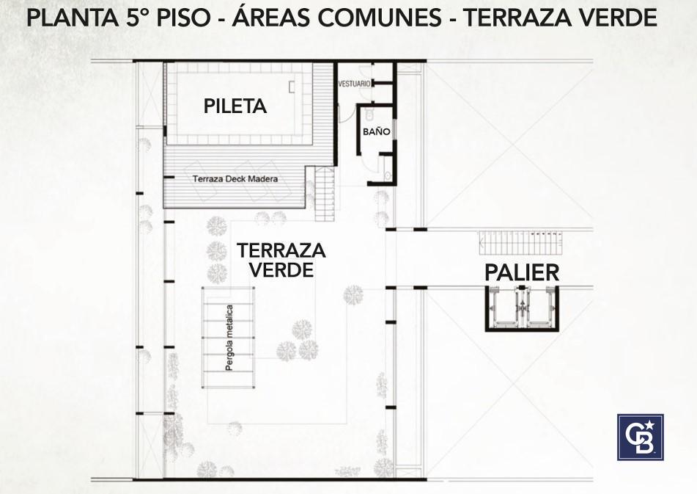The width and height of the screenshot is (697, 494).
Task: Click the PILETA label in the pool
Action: [x=235, y=106]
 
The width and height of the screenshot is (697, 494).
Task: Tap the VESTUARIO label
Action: [x=354, y=84]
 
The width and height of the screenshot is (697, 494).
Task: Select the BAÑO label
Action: [x=377, y=131]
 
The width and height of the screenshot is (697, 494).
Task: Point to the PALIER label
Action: [x=522, y=272]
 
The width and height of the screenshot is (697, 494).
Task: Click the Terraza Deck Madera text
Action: [x=235, y=179]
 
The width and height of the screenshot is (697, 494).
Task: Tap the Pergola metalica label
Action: [x=229, y=338]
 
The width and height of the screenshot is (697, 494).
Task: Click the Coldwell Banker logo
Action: [x=640, y=437]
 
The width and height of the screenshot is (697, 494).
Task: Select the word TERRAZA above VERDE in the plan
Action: [x=281, y=250]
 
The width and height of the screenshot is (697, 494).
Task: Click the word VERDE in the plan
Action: [x=281, y=269]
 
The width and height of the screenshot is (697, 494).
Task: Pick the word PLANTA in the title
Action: [x=73, y=18]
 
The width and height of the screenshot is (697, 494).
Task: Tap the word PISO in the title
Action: [x=183, y=18]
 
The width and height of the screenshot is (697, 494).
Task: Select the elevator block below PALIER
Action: [x=522, y=308]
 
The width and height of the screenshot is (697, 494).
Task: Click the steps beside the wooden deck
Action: [x=325, y=194]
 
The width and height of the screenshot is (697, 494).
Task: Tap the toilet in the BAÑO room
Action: [x=369, y=115]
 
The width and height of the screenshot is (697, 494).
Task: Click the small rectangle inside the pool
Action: [x=292, y=87]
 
